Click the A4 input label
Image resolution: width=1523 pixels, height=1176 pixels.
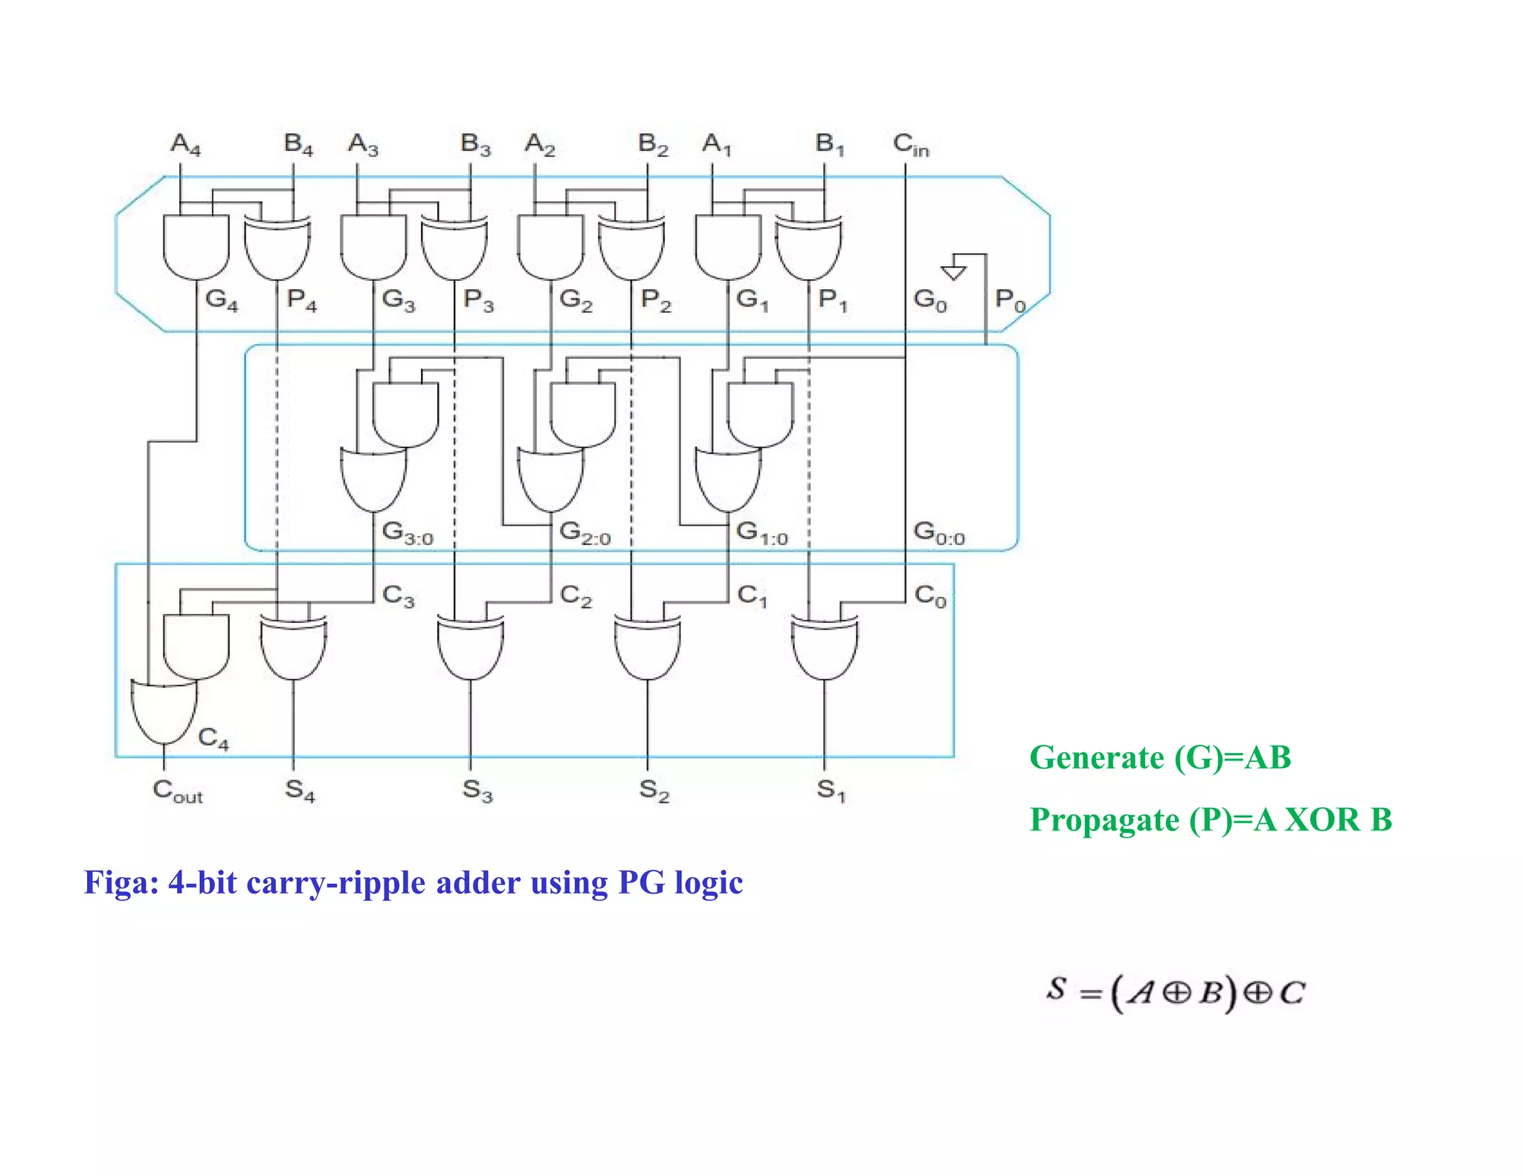tap(185, 143)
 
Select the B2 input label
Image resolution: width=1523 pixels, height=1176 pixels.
tap(653, 143)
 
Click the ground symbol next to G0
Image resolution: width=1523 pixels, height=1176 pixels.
tap(953, 271)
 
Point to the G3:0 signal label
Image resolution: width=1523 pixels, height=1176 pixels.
tap(407, 533)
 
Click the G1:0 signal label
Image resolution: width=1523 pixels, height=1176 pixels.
tap(761, 533)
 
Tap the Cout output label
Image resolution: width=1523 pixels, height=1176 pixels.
tap(177, 791)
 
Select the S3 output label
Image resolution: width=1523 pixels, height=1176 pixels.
tap(477, 790)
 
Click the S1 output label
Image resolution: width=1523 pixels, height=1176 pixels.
tap(831, 790)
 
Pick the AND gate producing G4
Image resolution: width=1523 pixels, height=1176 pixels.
tap(196, 247)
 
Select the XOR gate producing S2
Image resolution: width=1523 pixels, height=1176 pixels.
tap(648, 647)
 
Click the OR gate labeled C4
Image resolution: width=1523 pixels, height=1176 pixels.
tap(164, 710)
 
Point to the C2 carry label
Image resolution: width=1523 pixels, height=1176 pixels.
tap(576, 596)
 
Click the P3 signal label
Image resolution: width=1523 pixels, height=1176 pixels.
tap(478, 300)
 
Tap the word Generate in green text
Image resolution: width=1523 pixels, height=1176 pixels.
tap(1096, 758)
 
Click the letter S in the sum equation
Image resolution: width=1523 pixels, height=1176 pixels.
tap(1057, 989)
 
